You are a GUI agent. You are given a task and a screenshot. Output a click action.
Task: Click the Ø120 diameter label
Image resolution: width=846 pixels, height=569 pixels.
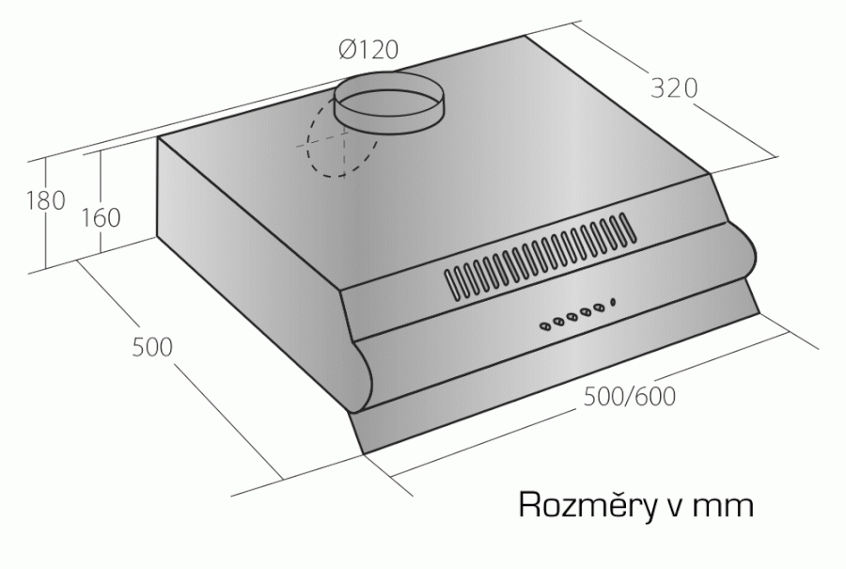click(369, 50)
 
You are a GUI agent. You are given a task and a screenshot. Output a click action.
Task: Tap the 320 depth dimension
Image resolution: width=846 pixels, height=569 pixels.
click(674, 88)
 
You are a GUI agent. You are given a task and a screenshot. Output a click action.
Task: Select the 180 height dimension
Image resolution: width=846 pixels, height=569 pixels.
click(46, 200)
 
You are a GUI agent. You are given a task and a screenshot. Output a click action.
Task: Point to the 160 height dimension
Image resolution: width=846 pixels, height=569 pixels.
click(101, 217)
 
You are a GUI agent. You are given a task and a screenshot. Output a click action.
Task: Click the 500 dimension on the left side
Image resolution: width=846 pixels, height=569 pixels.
click(152, 347)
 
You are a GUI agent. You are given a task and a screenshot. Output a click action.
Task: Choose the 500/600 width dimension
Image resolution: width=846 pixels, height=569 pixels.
click(630, 397)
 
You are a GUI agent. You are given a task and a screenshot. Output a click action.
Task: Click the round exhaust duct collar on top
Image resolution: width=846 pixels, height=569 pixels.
click(388, 102)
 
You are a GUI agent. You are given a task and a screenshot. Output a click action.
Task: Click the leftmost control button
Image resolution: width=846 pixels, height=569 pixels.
click(545, 325)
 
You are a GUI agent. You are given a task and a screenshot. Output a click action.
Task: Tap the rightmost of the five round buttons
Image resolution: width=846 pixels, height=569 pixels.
click(599, 308)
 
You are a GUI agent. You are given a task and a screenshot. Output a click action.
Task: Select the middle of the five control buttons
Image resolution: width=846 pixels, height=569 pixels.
click(572, 317)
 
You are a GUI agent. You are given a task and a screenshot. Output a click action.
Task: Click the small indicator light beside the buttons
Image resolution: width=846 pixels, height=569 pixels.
click(613, 301)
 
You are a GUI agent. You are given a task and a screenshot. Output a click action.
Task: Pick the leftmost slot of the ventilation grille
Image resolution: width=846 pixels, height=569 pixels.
click(450, 284)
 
